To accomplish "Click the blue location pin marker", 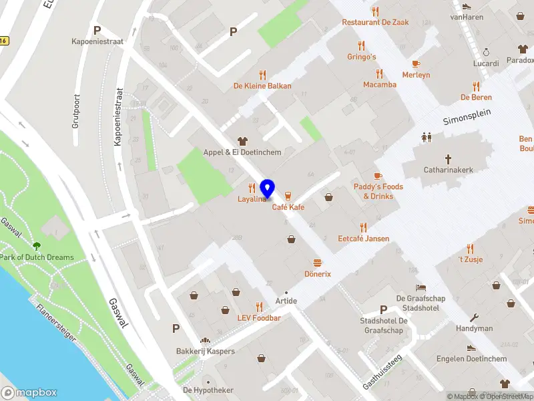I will (x=268, y=189).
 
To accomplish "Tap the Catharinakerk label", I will (x=448, y=170).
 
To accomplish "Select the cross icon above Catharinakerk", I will (x=448, y=159).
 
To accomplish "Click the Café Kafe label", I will (x=288, y=207).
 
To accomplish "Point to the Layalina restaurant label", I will (x=252, y=199).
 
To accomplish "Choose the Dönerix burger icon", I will (x=318, y=263).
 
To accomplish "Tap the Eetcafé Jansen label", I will (x=363, y=239).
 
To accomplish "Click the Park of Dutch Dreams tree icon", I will (x=37, y=247).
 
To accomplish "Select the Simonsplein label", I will (x=467, y=117).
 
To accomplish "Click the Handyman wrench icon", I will (x=475, y=317).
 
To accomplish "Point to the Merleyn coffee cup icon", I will (x=416, y=63).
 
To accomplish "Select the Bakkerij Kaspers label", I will (x=205, y=352).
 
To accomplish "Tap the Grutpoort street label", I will (x=75, y=114).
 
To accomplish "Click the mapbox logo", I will (x=29, y=392).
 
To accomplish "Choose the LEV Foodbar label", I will (x=259, y=317).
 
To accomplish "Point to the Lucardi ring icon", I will (x=486, y=52).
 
